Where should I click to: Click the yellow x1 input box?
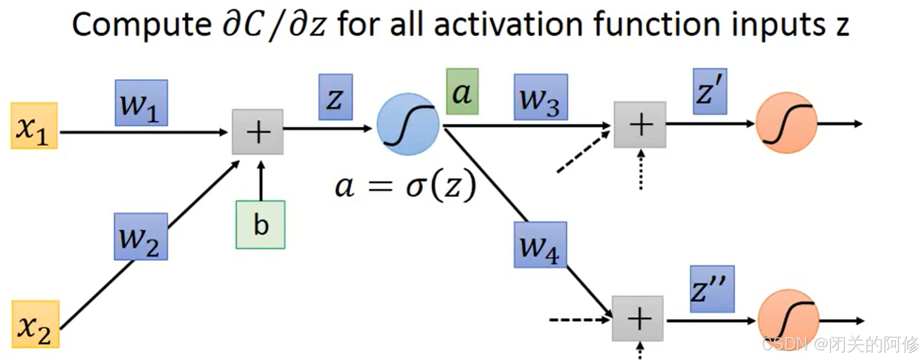click(x=34, y=126)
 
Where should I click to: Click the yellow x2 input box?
click(x=36, y=324)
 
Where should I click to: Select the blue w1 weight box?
click(x=141, y=103)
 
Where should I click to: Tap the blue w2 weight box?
click(x=141, y=237)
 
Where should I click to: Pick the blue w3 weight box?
click(x=540, y=97)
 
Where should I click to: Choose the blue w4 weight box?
click(x=540, y=244)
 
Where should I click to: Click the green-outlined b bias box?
click(x=260, y=224)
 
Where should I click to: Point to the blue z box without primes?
click(x=335, y=97)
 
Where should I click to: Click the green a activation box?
click(x=462, y=91)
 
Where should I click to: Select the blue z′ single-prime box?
click(x=709, y=91)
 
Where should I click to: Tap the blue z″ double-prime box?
click(x=712, y=289)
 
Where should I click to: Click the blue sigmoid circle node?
click(x=408, y=124)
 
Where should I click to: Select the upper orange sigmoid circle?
click(x=786, y=123)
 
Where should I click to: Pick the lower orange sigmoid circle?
click(x=788, y=320)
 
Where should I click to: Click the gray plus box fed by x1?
click(x=258, y=132)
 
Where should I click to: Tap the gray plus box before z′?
click(x=640, y=125)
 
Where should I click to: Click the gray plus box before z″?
click(x=638, y=318)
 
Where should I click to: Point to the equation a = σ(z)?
click(x=405, y=186)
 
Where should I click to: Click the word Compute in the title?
click(x=141, y=25)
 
